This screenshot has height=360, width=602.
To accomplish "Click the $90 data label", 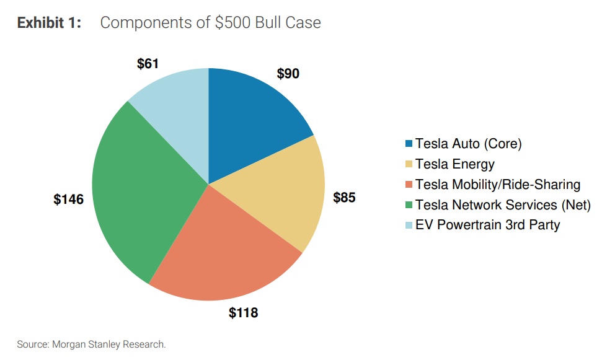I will click(x=288, y=74).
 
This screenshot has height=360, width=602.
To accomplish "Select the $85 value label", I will click(x=345, y=198).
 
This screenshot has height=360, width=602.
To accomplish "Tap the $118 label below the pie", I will click(x=243, y=313).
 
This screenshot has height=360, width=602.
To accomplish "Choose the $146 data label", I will click(x=68, y=200).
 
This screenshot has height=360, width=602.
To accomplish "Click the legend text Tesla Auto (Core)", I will click(x=469, y=144).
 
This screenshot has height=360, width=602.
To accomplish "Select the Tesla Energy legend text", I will click(x=455, y=164).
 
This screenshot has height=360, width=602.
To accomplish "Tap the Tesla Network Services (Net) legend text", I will click(x=503, y=204).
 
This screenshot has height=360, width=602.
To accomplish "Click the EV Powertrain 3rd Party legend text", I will click(x=487, y=224).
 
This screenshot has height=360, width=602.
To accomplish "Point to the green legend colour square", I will click(x=409, y=205).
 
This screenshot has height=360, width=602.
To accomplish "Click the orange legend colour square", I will click(x=409, y=185).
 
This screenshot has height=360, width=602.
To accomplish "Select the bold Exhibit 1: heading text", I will click(x=49, y=23).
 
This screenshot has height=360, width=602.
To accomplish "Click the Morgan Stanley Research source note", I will click(x=92, y=344).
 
